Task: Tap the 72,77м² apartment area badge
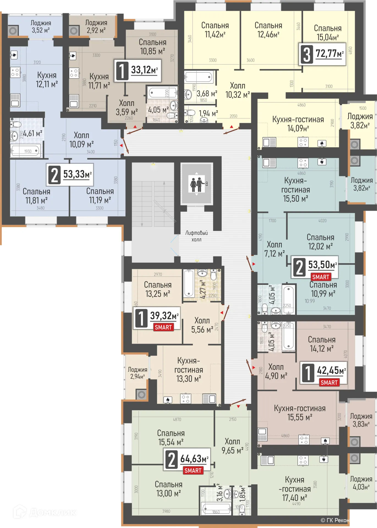[x=322, y=54]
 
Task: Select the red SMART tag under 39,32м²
[x=163, y=327]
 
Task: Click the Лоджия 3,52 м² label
[x=41, y=27]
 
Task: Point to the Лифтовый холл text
[x=196, y=236]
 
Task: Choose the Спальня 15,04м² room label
[x=328, y=32]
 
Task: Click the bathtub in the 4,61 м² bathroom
[x=26, y=151]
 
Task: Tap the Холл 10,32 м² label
[x=238, y=90]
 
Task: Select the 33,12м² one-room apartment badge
[x=137, y=71]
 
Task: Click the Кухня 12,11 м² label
[x=47, y=79]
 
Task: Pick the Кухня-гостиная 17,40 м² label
[x=295, y=489]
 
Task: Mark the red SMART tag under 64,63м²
[x=193, y=471]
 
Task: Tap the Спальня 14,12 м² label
[x=321, y=344]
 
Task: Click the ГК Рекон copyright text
[x=335, y=520]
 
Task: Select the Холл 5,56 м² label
[x=202, y=325]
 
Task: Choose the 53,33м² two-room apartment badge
[x=70, y=175]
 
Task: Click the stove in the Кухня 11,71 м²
[x=74, y=73]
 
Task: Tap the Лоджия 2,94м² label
[x=137, y=373]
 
